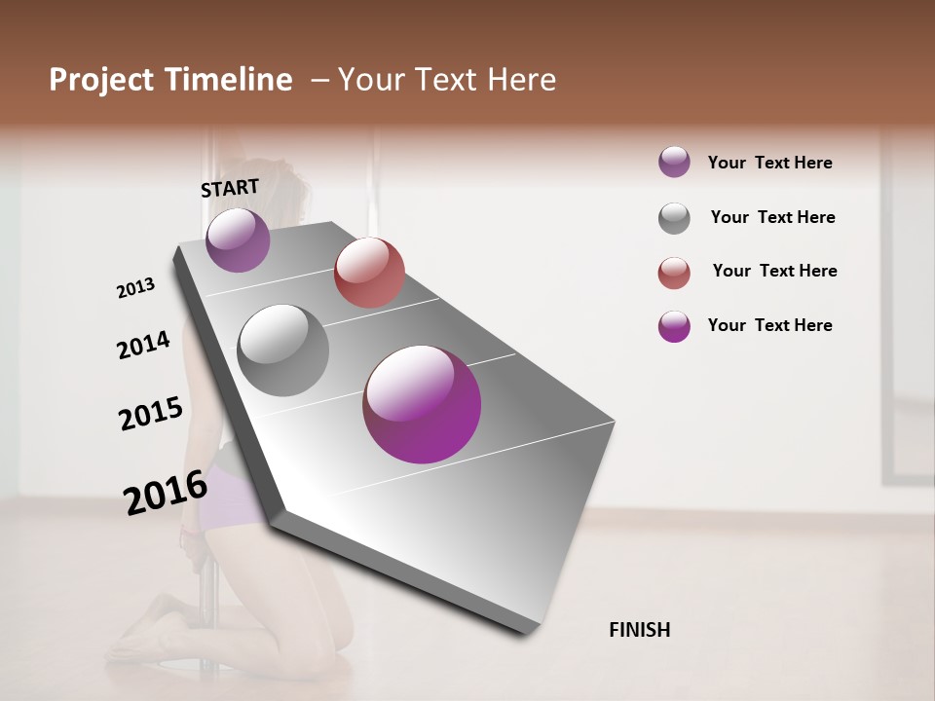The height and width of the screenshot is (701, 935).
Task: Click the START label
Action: (230, 188)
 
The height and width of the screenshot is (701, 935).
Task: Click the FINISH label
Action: (640, 630)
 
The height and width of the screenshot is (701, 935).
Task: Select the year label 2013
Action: (136, 288)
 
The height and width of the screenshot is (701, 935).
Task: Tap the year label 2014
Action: (143, 345)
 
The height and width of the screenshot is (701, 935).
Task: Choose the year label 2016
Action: (166, 492)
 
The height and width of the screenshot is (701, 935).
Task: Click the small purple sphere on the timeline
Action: (238, 240)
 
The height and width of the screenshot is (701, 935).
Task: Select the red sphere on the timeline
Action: (369, 273)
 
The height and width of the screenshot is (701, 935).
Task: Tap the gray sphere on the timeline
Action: (283, 350)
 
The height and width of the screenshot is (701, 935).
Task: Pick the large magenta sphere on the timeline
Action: (422, 404)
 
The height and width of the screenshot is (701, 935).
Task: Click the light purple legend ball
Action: (674, 163)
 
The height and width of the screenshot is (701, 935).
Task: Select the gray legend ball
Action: (674, 218)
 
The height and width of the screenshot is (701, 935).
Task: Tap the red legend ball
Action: (674, 273)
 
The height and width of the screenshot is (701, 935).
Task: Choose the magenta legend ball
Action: (674, 326)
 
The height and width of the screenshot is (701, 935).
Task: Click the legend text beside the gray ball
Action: (772, 217)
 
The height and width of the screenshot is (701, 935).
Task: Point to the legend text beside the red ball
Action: (774, 271)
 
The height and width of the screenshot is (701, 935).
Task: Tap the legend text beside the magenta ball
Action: (769, 325)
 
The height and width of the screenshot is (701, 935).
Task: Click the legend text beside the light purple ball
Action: (769, 163)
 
